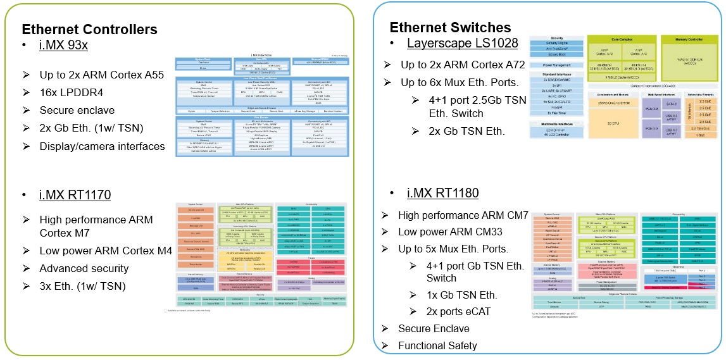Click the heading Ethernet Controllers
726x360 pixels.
pos(89,30)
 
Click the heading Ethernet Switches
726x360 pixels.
pos(450,27)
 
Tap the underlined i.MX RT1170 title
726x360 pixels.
pos(75,195)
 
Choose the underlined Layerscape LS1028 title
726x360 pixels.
pos(462,44)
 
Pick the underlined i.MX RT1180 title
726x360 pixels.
pos(442,193)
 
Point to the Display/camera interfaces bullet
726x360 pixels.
pos(102,146)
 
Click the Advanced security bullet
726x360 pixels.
pos(84,268)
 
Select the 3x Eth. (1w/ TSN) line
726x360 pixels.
pos(82,286)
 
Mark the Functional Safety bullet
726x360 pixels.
pos(437,345)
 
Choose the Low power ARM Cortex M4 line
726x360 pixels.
pos(106,251)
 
